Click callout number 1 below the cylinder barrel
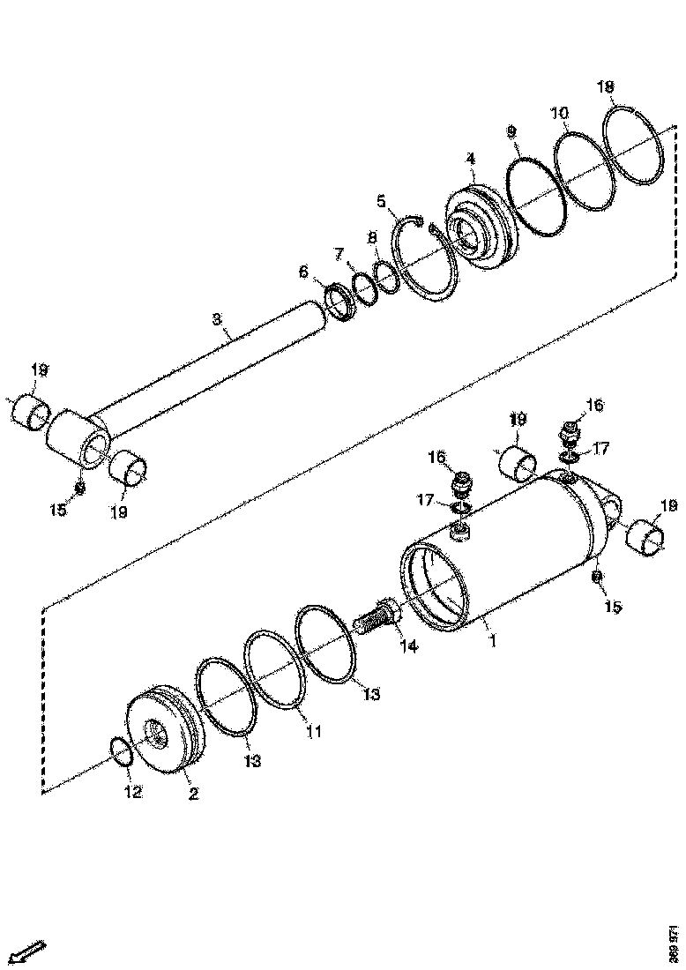tap(492, 642)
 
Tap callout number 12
tap(131, 792)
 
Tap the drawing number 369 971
tap(674, 943)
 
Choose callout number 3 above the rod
tap(217, 319)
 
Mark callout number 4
tap(471, 159)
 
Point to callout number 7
tap(339, 254)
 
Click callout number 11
tap(313, 731)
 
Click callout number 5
tap(381, 201)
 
